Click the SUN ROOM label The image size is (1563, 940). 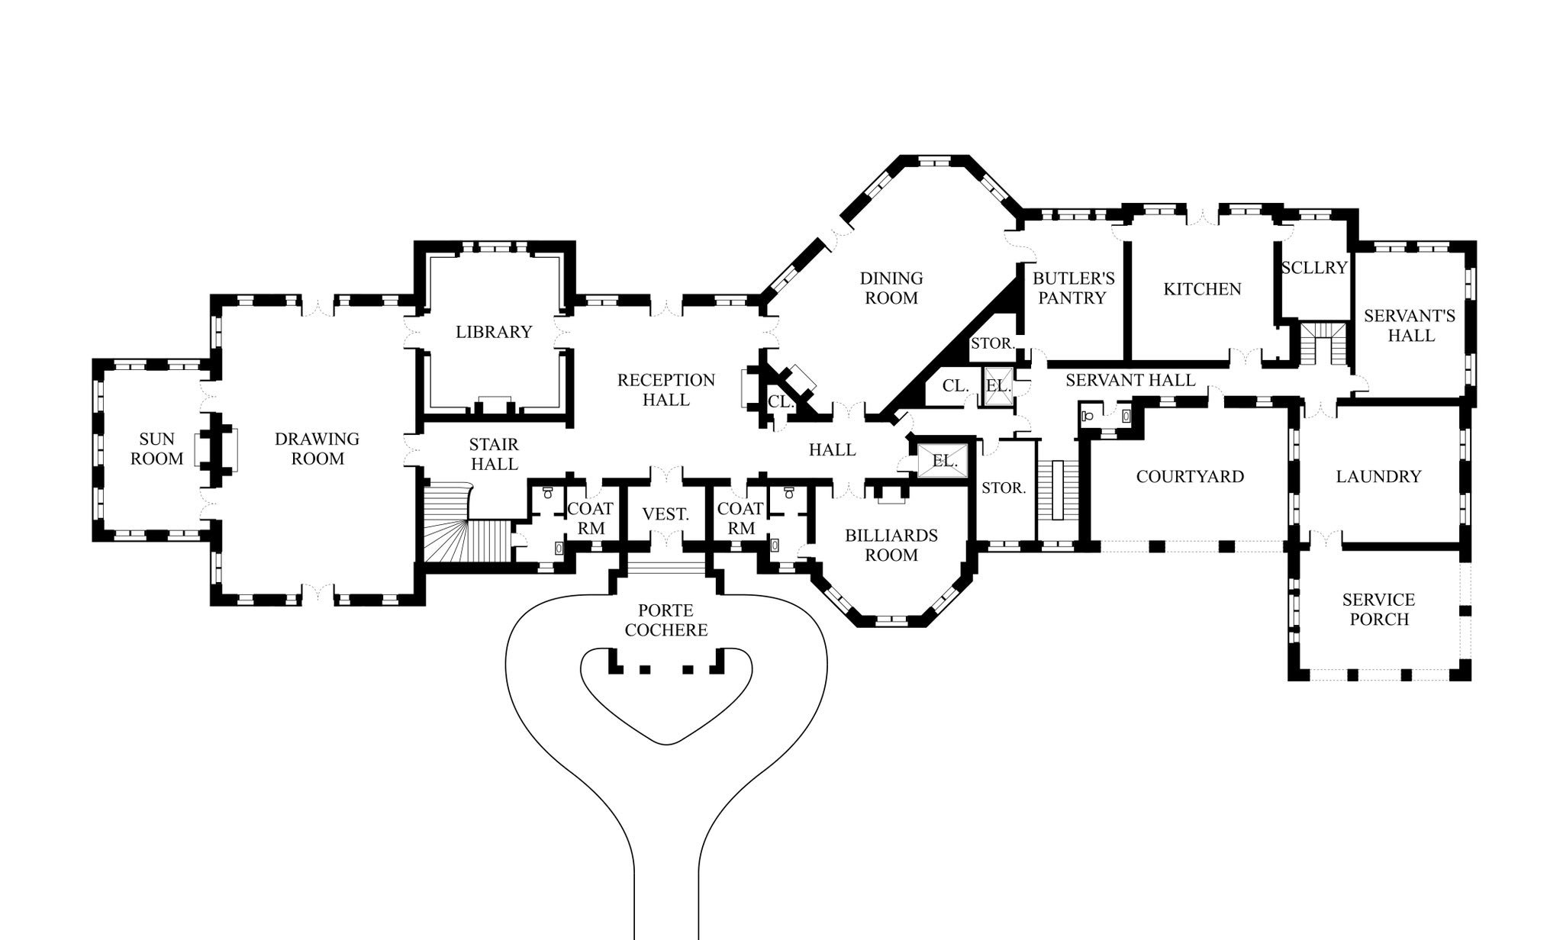tap(156, 449)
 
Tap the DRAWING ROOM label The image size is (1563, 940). tap(317, 449)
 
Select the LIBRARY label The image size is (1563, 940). tap(494, 332)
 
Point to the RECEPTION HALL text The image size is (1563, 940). tap(666, 390)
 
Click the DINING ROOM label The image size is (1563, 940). tap(891, 288)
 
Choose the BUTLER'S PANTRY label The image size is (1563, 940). tap(1073, 288)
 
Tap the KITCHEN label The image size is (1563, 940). tap(1202, 289)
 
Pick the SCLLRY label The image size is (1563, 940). tap(1314, 268)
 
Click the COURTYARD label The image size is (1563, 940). tap(1190, 477)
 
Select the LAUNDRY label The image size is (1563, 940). tap(1378, 477)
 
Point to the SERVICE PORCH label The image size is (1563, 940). tap(1379, 610)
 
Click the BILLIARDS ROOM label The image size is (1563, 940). tap(891, 546)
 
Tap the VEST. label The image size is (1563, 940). tap(665, 515)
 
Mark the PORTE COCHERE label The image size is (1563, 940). tap(666, 620)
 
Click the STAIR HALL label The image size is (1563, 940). tap(495, 454)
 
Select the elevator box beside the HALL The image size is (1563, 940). tap(944, 461)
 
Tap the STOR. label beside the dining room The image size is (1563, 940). tap(992, 343)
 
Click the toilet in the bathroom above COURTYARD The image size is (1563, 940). tap(1088, 416)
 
